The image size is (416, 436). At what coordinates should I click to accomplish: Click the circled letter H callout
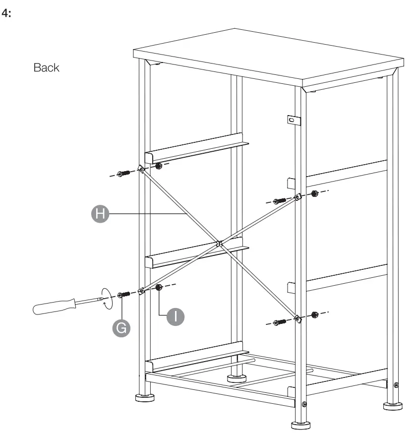coord(100,214)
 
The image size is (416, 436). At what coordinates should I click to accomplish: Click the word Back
coord(46,68)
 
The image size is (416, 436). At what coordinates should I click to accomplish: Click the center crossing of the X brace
coord(219,243)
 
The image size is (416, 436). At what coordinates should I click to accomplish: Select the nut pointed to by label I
coord(159,288)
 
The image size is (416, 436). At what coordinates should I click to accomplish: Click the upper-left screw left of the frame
coord(122,174)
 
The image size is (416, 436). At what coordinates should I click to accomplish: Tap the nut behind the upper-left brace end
coord(158,166)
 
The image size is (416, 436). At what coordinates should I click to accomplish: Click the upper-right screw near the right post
coord(280,201)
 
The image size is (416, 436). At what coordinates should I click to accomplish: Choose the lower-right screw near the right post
coord(280,322)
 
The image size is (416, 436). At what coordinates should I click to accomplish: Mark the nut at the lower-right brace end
coord(314,314)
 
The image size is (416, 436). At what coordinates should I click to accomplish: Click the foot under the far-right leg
coord(393,405)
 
